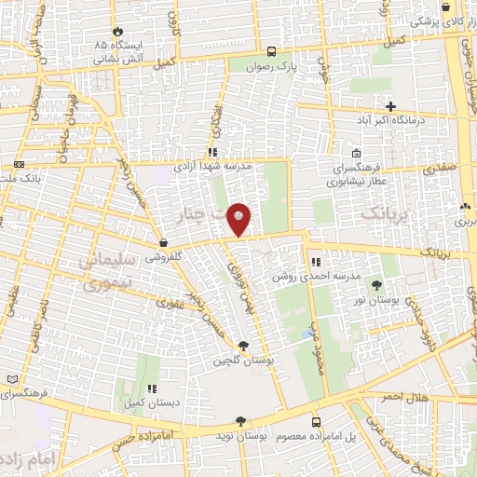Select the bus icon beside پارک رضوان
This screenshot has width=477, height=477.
271,52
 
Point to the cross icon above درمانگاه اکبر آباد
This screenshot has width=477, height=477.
390,107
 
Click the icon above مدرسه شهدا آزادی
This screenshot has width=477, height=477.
213,152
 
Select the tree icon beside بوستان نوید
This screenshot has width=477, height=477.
240,421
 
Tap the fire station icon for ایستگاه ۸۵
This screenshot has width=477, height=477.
117,31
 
